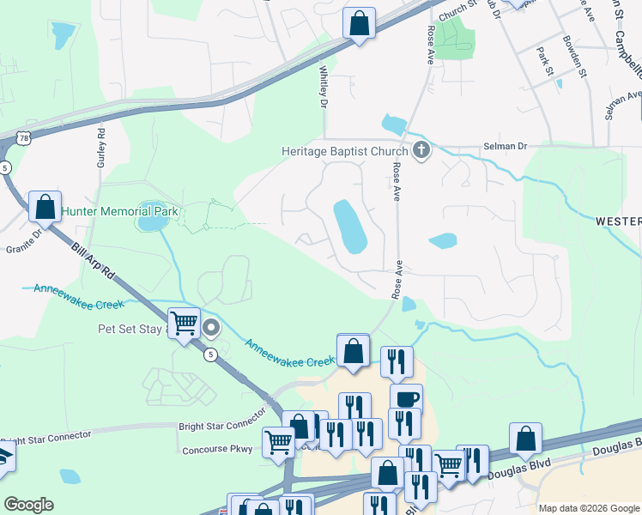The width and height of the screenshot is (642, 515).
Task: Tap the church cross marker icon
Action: pyautogui.click(x=421, y=151)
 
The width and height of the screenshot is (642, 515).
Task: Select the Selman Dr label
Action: pyautogui.click(x=504, y=147)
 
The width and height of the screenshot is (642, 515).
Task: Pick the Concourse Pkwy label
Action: pyautogui.click(x=217, y=449)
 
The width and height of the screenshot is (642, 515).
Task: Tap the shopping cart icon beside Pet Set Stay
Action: pyautogui.click(x=185, y=324)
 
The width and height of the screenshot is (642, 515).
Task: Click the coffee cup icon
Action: pyautogui.click(x=406, y=399)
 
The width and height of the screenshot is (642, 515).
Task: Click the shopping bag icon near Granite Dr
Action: pyautogui.click(x=45, y=207)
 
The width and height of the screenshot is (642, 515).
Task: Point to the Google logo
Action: pyautogui.click(x=28, y=505)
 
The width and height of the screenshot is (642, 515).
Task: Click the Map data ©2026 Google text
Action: pyautogui.click(x=588, y=508)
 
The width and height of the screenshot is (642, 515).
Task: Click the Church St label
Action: pyautogui.click(x=457, y=11)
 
